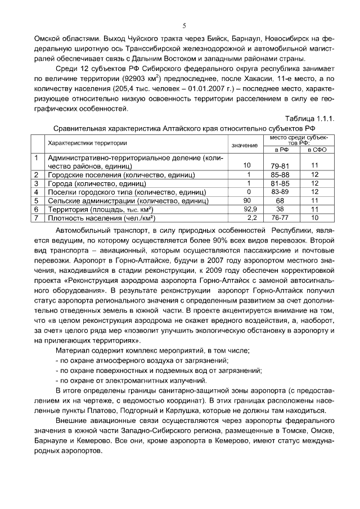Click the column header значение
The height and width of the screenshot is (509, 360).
tap(245, 145)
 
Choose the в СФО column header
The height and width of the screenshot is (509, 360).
tap(316, 150)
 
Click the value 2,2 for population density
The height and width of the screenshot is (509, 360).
tap(251, 217)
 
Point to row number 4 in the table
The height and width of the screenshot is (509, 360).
tap(36, 192)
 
